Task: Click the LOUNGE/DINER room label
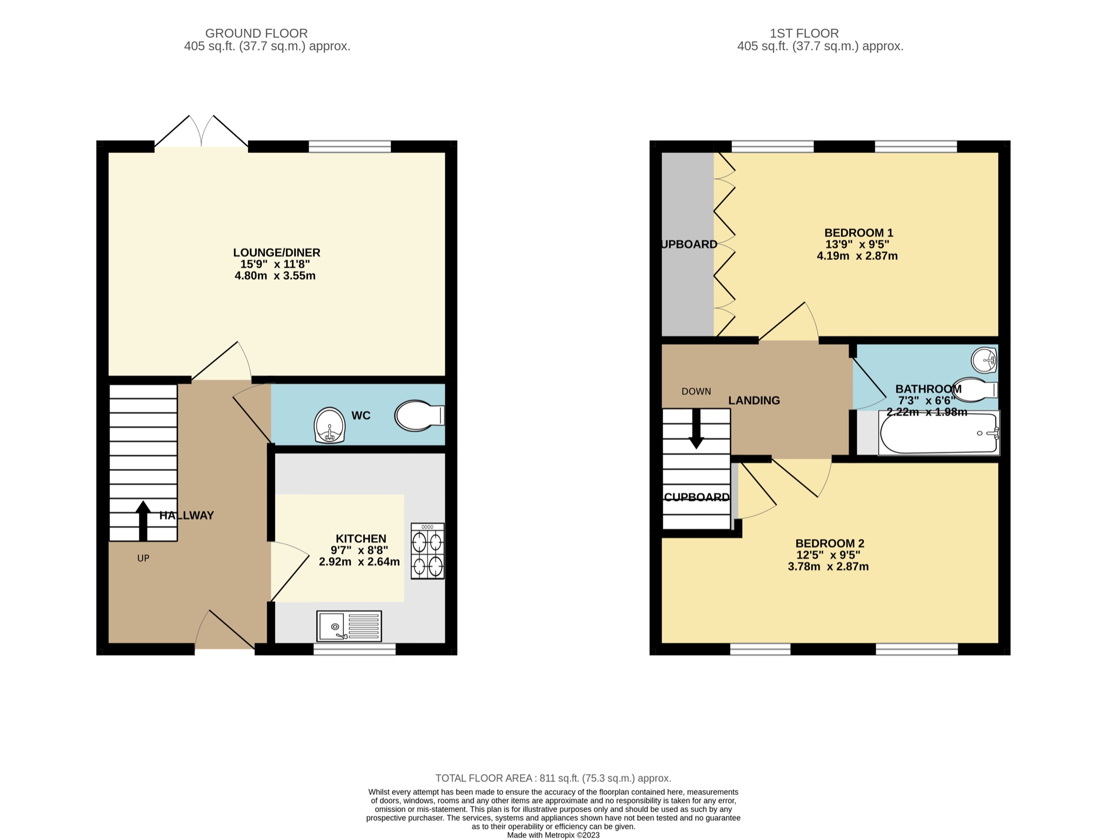pyautogui.click(x=276, y=252)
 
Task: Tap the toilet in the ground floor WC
pyautogui.click(x=419, y=415)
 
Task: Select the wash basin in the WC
pyautogui.click(x=329, y=426)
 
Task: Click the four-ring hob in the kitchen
pyautogui.click(x=428, y=551)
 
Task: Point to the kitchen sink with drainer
pyautogui.click(x=349, y=626)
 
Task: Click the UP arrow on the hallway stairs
pyautogui.click(x=143, y=521)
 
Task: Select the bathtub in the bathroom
pyautogui.click(x=939, y=433)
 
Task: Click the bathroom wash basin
pyautogui.click(x=984, y=360)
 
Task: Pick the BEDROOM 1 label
pyautogui.click(x=858, y=233)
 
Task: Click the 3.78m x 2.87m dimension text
pyautogui.click(x=828, y=567)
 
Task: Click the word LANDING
pyautogui.click(x=754, y=400)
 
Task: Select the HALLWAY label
pyautogui.click(x=186, y=515)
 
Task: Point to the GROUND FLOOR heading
pyautogui.click(x=256, y=33)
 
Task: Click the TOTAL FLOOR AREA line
pyautogui.click(x=553, y=778)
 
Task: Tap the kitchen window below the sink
pyautogui.click(x=355, y=649)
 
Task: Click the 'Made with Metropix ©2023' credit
pyautogui.click(x=553, y=835)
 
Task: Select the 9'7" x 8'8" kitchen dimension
pyautogui.click(x=359, y=550)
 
